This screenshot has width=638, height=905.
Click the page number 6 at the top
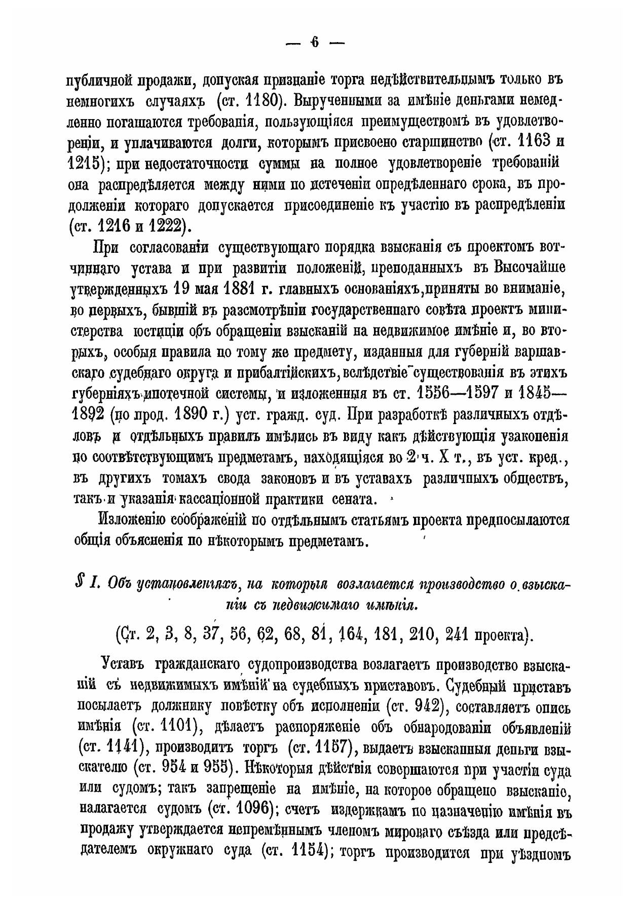point(315,43)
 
